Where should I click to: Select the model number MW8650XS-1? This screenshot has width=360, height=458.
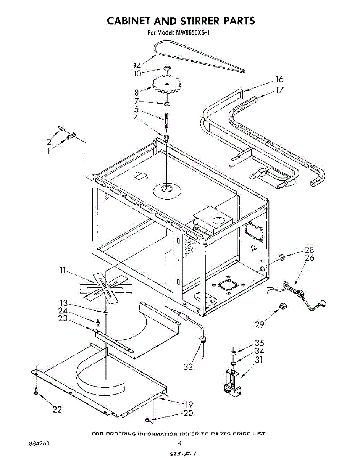click(193, 33)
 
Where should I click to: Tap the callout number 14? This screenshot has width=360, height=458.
click(137, 65)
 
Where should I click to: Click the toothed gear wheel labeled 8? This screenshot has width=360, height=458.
click(166, 85)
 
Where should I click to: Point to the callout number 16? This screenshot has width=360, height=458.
click(279, 79)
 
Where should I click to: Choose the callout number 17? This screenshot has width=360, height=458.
click(279, 90)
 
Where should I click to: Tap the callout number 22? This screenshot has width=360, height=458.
click(57, 410)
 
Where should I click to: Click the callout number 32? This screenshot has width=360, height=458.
click(188, 367)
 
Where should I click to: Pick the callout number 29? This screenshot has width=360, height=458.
click(260, 324)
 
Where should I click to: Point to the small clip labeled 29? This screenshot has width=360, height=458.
click(283, 305)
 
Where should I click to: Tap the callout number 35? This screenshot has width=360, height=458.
click(259, 343)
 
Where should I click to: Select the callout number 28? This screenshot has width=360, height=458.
click(309, 250)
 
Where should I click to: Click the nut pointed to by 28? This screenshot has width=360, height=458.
click(282, 258)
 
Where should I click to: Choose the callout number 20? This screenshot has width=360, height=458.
click(188, 413)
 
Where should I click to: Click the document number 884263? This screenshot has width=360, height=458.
click(39, 444)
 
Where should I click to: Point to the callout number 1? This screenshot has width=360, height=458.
click(49, 151)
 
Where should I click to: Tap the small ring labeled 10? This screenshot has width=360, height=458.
click(166, 68)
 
